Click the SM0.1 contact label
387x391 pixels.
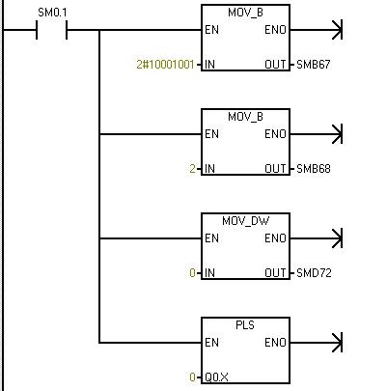tap(52, 13)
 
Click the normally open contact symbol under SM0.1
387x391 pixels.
tap(51, 30)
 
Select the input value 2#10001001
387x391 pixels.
tap(165, 65)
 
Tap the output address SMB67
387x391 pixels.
tap(314, 65)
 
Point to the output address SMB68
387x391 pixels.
tap(314, 169)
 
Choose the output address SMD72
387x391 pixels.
tap(314, 273)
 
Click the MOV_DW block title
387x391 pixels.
tap(245, 221)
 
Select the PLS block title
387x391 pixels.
tap(245, 325)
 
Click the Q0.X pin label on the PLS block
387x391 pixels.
tap(216, 377)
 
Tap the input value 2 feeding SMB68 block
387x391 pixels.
tap(192, 169)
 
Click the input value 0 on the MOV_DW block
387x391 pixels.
tap(192, 273)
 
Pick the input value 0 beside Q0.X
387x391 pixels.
tap(192, 377)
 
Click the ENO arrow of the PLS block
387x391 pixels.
tap(317, 343)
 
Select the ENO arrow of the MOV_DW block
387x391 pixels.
tap(317, 238)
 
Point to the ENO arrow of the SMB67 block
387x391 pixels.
tap(317, 30)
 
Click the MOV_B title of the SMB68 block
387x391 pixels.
tap(245, 117)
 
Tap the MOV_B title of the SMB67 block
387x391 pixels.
tap(245, 13)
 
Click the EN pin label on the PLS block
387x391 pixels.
tap(211, 343)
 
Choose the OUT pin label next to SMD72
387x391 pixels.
tap(275, 273)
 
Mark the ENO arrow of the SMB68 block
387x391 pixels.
tap(317, 134)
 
